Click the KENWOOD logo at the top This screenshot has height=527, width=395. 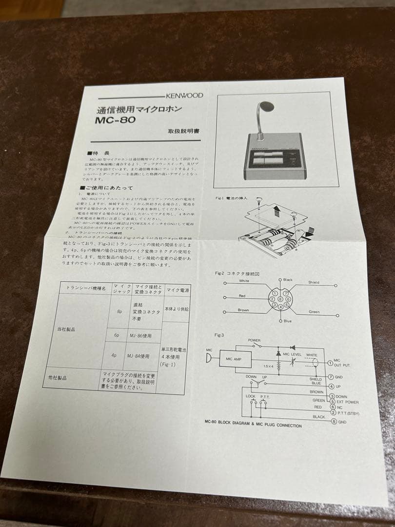point(184,96)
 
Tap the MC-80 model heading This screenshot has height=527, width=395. point(116,120)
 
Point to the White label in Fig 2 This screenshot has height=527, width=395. point(244,281)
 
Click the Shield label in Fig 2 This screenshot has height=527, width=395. point(314,282)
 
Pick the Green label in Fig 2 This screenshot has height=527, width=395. point(314,311)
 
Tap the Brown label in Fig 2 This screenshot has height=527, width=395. point(243,310)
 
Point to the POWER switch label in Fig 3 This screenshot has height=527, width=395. point(254,340)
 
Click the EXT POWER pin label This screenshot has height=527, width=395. point(348,402)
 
